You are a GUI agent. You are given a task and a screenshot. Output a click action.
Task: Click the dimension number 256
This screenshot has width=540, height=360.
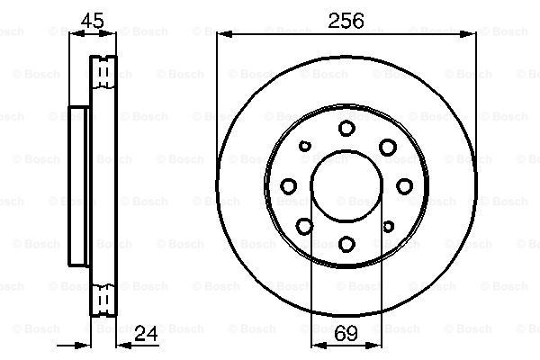click(x=346, y=21)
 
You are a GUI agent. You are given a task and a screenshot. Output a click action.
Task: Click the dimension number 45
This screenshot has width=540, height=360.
click(x=92, y=21)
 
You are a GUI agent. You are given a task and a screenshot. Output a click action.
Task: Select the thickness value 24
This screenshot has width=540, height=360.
click(x=146, y=333)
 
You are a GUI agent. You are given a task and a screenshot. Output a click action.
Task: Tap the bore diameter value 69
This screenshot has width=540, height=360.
click(x=346, y=333)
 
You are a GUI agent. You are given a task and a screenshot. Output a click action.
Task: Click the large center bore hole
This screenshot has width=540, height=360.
click(x=346, y=186)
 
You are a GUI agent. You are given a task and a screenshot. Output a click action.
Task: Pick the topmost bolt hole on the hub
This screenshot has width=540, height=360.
click(x=346, y=128)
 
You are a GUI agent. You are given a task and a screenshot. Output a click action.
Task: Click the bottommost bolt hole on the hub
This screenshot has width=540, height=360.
click(x=346, y=244)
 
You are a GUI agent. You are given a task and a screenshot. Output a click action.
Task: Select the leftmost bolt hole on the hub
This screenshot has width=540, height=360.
click(x=289, y=186)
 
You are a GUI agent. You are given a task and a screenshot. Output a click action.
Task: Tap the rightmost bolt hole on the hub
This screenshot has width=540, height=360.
click(x=405, y=186)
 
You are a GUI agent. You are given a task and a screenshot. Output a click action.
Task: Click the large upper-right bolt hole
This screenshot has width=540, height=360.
click(x=388, y=147)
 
